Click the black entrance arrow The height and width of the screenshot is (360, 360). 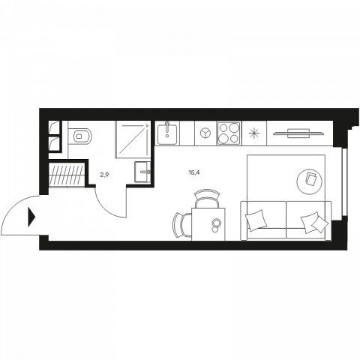pos(31,217)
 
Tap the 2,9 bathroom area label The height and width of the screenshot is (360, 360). pos(104,175)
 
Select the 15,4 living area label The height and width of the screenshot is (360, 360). pos(194,172)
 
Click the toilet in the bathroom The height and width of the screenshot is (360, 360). pos(80,136)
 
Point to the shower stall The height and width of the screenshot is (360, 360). pos(133,139)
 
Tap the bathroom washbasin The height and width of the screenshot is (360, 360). pos(142,172)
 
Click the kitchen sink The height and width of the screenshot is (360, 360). pos(167,133)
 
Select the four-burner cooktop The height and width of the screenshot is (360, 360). pos(229,133)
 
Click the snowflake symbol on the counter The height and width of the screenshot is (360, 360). pos(254,133)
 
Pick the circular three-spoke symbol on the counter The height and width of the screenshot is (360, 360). pos(205,133)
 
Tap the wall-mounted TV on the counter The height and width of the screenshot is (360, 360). pos(298,133)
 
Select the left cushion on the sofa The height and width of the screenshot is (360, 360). pos(256,220)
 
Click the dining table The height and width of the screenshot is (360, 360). pos(208,224)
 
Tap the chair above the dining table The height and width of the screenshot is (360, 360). pos(207,198)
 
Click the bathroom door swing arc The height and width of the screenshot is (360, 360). pos(106,208)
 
